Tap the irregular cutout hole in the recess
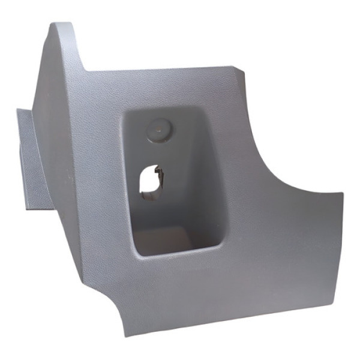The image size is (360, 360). [x=149, y=180]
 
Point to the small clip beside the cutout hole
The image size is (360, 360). [x=159, y=175]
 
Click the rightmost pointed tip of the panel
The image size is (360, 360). [x=342, y=194]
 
